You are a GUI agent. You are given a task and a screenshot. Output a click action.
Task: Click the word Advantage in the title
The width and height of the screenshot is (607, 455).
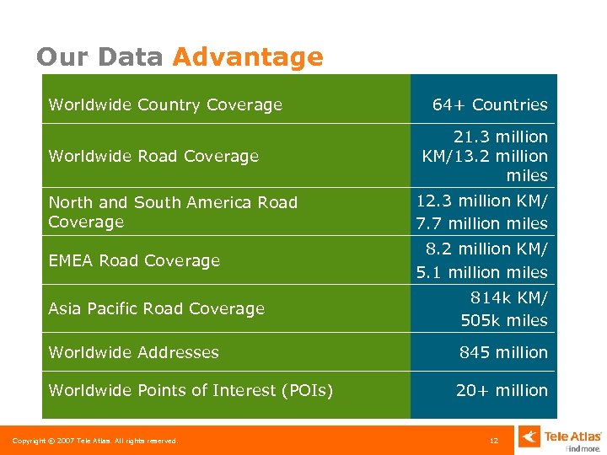click(247, 56)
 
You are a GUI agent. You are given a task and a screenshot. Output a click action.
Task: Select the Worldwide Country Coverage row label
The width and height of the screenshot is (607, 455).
click(165, 104)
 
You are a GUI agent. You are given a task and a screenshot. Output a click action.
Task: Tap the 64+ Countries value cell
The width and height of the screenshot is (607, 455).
click(489, 104)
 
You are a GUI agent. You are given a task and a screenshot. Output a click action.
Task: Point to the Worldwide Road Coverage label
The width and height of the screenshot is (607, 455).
click(153, 156)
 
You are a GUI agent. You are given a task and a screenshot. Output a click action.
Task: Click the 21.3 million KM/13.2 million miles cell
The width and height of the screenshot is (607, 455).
click(486, 156)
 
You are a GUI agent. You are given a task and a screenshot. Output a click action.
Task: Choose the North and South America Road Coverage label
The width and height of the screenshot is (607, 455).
click(173, 211)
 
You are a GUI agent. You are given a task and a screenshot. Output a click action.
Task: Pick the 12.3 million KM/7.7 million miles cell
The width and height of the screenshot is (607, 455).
click(482, 211)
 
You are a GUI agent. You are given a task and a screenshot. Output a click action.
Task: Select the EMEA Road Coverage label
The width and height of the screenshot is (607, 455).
click(134, 260)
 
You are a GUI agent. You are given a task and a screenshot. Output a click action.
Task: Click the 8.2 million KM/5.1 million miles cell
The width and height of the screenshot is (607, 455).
click(482, 260)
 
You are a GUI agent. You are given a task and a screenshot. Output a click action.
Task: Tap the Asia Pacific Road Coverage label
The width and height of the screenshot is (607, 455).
click(156, 308)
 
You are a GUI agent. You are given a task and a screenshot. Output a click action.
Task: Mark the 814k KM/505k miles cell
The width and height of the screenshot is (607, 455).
click(503, 308)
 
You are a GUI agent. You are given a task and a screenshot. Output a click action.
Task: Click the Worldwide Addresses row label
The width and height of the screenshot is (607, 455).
click(133, 352)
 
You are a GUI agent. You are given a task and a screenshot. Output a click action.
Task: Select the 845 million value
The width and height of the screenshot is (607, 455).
click(503, 352)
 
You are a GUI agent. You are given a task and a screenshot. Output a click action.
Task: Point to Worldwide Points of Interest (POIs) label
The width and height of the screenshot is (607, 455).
click(191, 390)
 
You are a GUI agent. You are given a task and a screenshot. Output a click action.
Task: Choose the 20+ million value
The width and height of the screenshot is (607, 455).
click(502, 390)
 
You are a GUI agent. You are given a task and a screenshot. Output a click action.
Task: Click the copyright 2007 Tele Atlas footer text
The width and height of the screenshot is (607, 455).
click(94, 441)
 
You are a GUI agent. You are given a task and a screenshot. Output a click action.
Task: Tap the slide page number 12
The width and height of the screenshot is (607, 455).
click(494, 441)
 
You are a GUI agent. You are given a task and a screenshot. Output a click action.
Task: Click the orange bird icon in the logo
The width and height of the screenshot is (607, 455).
click(529, 437)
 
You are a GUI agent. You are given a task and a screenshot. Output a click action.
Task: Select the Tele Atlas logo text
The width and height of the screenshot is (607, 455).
click(572, 436)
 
